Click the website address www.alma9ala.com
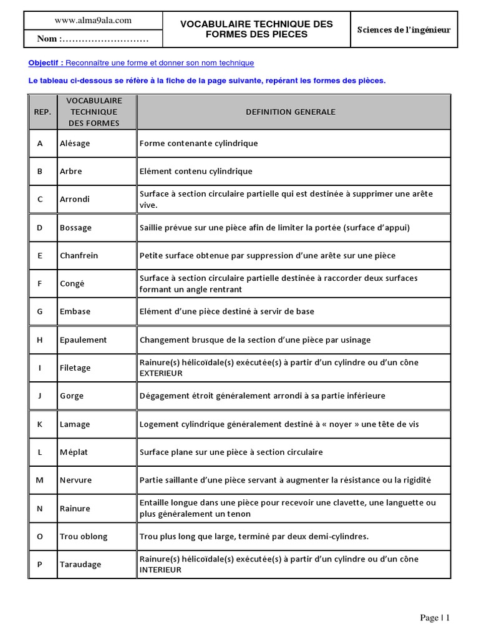(x=93, y=21)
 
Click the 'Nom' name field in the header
(x=92, y=39)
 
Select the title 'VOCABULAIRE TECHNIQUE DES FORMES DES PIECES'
(x=256, y=29)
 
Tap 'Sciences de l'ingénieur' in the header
(x=404, y=29)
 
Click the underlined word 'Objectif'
(x=45, y=63)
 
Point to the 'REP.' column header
(x=42, y=112)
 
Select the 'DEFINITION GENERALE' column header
(x=291, y=112)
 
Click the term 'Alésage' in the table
(x=75, y=144)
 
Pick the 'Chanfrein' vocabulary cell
(x=79, y=256)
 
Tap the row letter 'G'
(x=40, y=312)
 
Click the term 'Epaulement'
(x=83, y=340)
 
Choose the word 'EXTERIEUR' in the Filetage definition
(x=161, y=373)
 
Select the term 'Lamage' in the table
(x=75, y=424)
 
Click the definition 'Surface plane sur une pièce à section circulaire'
(x=231, y=452)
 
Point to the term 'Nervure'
(x=75, y=480)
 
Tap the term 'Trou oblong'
(x=84, y=537)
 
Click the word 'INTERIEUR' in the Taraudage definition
(x=160, y=570)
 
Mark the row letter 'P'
(x=40, y=564)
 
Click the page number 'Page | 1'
(x=435, y=618)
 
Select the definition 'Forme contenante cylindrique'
(x=198, y=144)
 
